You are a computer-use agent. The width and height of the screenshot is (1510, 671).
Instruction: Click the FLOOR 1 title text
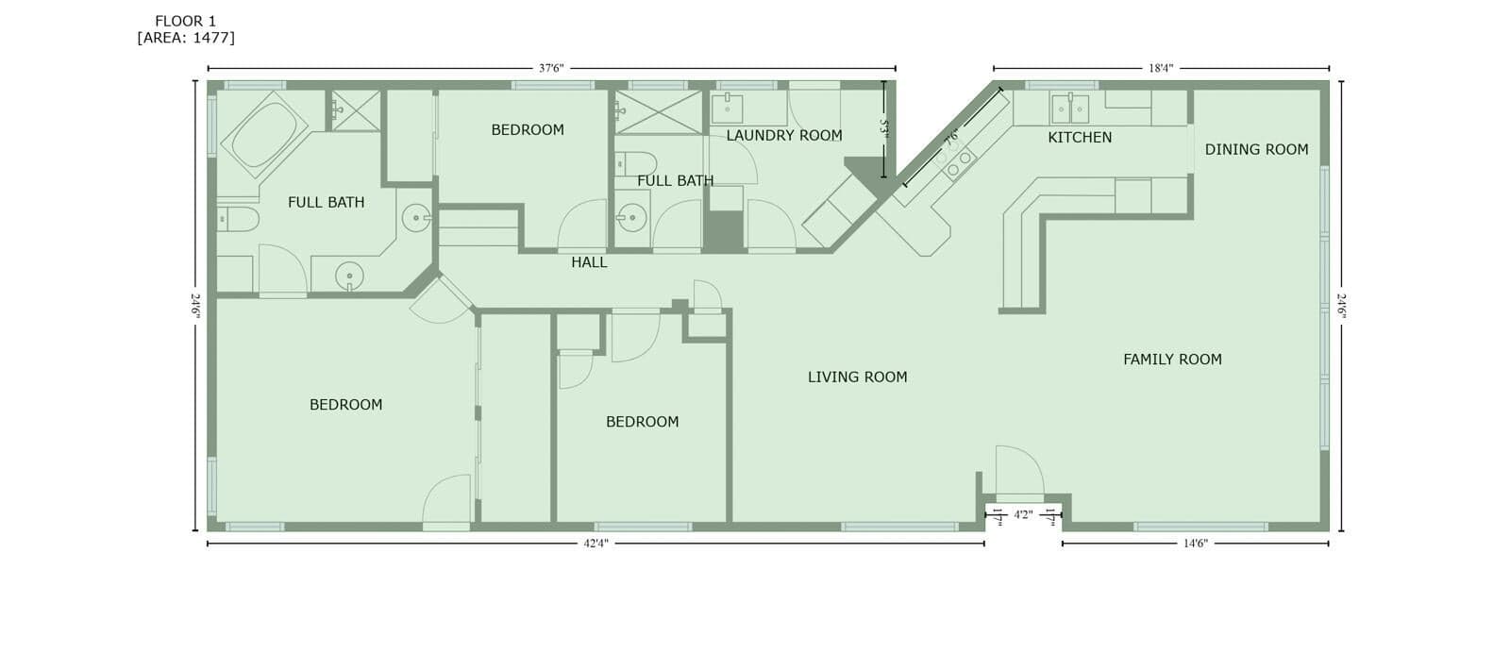(x=185, y=22)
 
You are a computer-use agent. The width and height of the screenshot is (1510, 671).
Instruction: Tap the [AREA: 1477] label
(x=186, y=38)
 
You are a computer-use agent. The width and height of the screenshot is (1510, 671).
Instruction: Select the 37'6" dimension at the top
(x=551, y=68)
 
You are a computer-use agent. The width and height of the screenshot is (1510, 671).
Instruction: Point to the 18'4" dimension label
(x=1161, y=68)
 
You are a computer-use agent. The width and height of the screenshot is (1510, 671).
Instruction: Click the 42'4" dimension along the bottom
(x=596, y=544)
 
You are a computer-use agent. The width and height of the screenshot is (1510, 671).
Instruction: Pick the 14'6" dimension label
(x=1195, y=544)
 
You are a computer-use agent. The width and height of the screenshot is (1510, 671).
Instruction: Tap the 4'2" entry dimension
(x=1023, y=515)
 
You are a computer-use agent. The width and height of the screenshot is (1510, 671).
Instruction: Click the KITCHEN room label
(x=1080, y=138)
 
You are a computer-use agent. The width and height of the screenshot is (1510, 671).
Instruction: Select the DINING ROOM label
(x=1256, y=150)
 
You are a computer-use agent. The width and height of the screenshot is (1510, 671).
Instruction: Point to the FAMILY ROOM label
(x=1172, y=360)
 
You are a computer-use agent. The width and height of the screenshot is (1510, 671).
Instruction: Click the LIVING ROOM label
(x=858, y=377)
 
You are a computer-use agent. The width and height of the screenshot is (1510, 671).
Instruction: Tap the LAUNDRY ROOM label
(x=784, y=136)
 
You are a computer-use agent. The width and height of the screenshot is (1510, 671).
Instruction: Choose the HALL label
(x=589, y=262)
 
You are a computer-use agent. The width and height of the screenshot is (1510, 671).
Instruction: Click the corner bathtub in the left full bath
(x=264, y=135)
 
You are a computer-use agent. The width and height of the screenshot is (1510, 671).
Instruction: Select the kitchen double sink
(x=1070, y=109)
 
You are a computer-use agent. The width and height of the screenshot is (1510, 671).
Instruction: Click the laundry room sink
(x=728, y=109)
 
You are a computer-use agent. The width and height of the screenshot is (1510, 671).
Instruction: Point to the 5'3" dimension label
(x=884, y=128)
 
